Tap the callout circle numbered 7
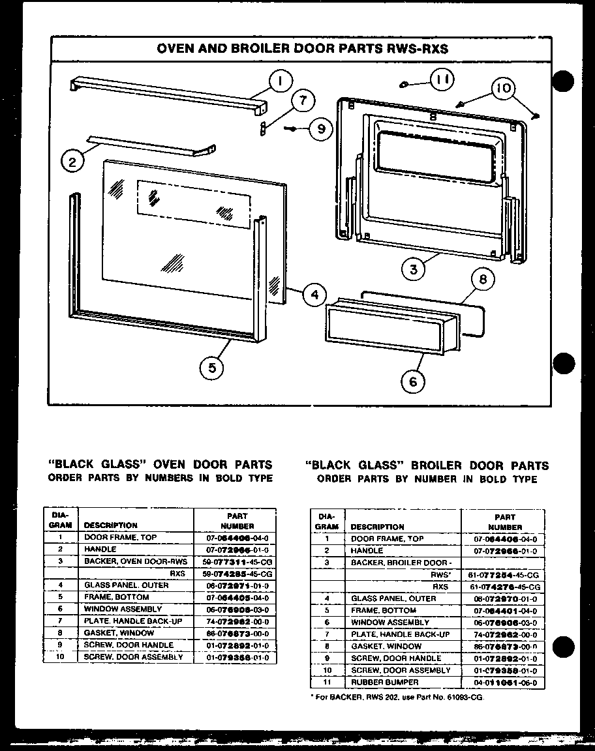(x=301, y=101)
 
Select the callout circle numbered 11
(x=442, y=80)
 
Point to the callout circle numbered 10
(x=506, y=89)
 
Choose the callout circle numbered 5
(x=212, y=368)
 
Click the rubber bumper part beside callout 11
(x=404, y=83)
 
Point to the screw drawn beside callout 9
(x=292, y=129)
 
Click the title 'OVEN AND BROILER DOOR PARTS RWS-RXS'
(x=303, y=49)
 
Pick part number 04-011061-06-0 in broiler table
(x=505, y=682)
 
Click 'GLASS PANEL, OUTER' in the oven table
(x=126, y=585)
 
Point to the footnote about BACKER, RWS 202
(x=398, y=697)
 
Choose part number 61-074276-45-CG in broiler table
(x=505, y=587)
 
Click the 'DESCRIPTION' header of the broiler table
(x=377, y=527)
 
